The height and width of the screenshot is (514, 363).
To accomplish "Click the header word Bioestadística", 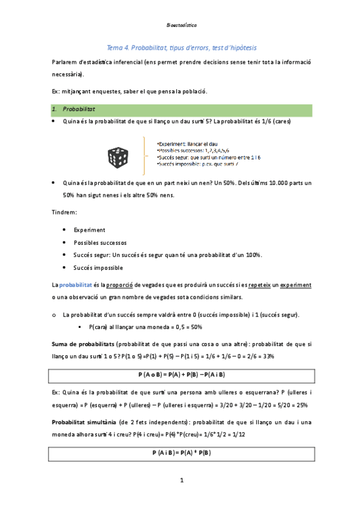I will (181, 26).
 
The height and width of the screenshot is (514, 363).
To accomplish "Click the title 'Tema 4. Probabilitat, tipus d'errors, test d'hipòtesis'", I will (181, 47).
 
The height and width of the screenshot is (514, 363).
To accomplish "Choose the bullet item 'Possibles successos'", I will (100, 242).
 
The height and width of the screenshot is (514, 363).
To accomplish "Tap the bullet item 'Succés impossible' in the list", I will (98, 267).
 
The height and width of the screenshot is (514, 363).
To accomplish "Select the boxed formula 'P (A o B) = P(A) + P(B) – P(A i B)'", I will (181, 374).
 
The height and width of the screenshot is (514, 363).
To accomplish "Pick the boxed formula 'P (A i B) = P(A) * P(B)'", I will (181, 452).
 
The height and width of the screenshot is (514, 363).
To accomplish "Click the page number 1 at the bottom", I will (181, 481).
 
